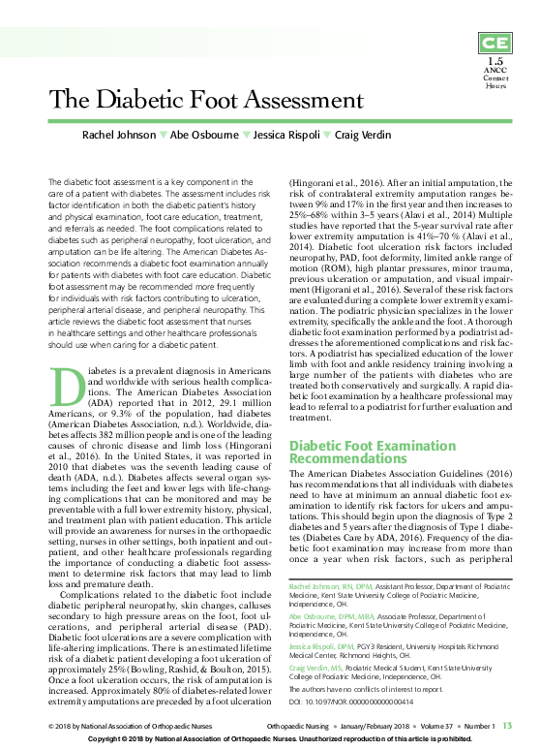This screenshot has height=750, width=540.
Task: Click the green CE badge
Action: point(495,44)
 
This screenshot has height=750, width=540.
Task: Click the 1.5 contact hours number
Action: point(495,62)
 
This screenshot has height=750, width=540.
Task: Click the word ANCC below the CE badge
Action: point(495,71)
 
